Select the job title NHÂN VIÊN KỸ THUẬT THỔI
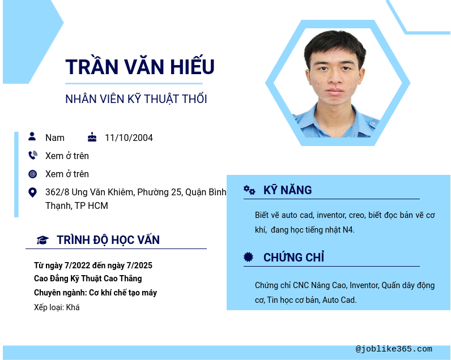(136, 99)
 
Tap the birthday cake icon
(92, 137)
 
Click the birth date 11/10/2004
(129, 138)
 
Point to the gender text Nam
(55, 138)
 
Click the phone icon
(33, 155)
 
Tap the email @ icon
(32, 174)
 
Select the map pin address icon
(32, 192)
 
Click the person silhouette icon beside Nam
(32, 136)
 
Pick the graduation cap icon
(42, 240)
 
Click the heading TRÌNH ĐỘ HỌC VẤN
(108, 240)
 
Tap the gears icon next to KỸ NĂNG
(249, 190)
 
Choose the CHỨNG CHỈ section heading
(293, 257)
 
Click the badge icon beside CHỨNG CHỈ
(248, 257)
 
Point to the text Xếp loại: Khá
(57, 307)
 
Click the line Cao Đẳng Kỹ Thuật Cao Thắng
(88, 278)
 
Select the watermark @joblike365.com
(394, 349)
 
